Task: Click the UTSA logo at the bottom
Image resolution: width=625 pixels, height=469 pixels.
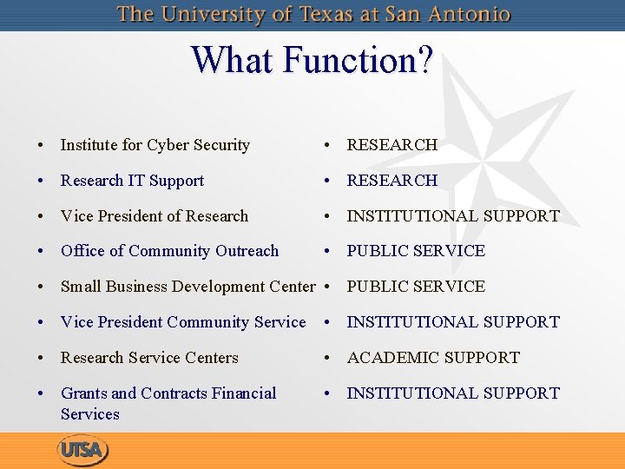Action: (x=83, y=451)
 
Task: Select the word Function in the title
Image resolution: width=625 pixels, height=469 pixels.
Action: (x=347, y=61)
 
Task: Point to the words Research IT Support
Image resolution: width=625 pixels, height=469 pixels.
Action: (x=132, y=181)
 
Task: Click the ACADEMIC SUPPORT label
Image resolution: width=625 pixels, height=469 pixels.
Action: (x=433, y=358)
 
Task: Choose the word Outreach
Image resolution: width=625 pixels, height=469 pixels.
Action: (x=247, y=251)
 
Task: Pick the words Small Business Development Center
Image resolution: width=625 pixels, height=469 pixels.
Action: (x=187, y=287)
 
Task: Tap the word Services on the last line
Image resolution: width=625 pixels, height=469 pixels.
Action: (x=90, y=414)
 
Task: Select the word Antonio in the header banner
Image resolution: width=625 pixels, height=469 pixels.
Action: (x=475, y=15)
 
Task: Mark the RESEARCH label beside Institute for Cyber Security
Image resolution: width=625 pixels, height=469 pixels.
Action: (x=392, y=146)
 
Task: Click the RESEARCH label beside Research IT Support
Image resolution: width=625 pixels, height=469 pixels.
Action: (x=392, y=181)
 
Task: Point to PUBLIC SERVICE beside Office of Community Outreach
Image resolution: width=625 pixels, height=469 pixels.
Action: (x=416, y=251)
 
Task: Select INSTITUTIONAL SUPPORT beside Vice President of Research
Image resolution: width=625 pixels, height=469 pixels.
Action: (x=453, y=216)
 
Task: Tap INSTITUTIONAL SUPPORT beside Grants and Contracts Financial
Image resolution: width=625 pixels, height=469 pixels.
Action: (x=453, y=393)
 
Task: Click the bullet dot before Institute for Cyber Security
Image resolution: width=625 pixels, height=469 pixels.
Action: (x=41, y=146)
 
